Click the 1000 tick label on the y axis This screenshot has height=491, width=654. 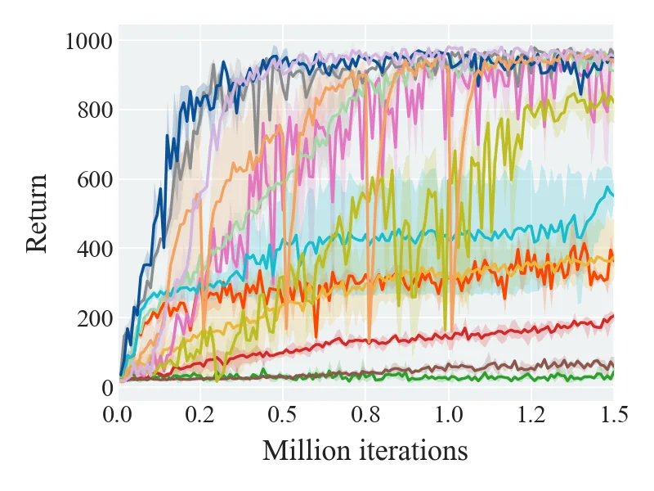pyautogui.click(x=89, y=42)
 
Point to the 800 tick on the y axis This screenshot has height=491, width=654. pyautogui.click(x=95, y=110)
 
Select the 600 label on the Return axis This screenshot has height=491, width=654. pyautogui.click(x=95, y=179)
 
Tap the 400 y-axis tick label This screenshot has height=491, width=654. pyautogui.click(x=95, y=249)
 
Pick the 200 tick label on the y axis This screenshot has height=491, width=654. pyautogui.click(x=95, y=318)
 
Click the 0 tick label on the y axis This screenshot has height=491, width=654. pyautogui.click(x=107, y=388)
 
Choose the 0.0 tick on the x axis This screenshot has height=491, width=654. pyautogui.click(x=117, y=415)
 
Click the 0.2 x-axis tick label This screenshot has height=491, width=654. pyautogui.click(x=199, y=415)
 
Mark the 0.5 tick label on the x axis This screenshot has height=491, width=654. pyautogui.click(x=282, y=415)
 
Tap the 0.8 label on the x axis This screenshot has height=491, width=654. pyautogui.click(x=365, y=415)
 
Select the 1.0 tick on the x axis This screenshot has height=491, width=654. pyautogui.click(x=449, y=415)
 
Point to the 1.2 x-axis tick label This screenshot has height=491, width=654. pyautogui.click(x=531, y=415)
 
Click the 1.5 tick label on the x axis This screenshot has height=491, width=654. pyautogui.click(x=614, y=415)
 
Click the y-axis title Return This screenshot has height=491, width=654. pyautogui.click(x=37, y=214)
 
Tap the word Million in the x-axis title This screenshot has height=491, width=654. pyautogui.click(x=307, y=451)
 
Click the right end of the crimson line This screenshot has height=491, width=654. pyautogui.click(x=613, y=316)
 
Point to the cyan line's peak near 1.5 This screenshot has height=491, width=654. pyautogui.click(x=607, y=187)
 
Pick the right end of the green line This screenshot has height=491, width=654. pyautogui.click(x=613, y=373)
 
